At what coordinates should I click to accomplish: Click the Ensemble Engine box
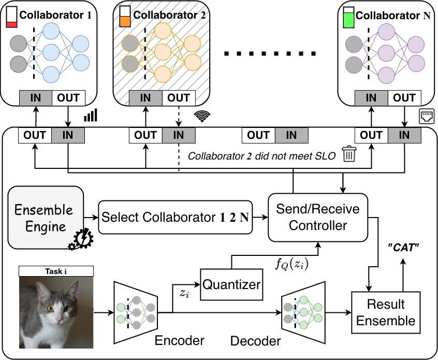click(46, 218)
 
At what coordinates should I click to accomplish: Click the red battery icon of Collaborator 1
click(11, 18)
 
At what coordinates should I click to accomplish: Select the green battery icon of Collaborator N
click(349, 18)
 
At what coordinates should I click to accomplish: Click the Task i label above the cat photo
click(56, 271)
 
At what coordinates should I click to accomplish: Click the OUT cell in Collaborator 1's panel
click(69, 97)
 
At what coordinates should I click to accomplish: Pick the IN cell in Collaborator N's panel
click(371, 97)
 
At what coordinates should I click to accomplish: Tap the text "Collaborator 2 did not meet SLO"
click(261, 155)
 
